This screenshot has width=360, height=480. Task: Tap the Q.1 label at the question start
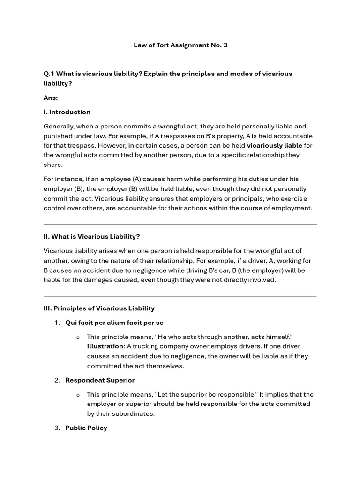click(x=50, y=74)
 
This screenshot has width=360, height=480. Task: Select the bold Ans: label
click(x=51, y=97)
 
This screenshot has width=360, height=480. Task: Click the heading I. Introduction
click(x=67, y=112)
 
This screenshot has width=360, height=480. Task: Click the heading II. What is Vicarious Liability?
click(x=92, y=236)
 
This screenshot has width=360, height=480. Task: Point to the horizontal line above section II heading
click(x=180, y=225)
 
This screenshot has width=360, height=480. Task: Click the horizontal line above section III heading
click(x=180, y=296)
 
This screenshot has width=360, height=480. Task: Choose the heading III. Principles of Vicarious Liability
click(x=99, y=308)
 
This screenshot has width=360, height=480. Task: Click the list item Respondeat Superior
click(x=100, y=380)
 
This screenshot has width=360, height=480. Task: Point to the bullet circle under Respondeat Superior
click(x=78, y=395)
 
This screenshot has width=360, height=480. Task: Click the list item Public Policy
click(x=86, y=428)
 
